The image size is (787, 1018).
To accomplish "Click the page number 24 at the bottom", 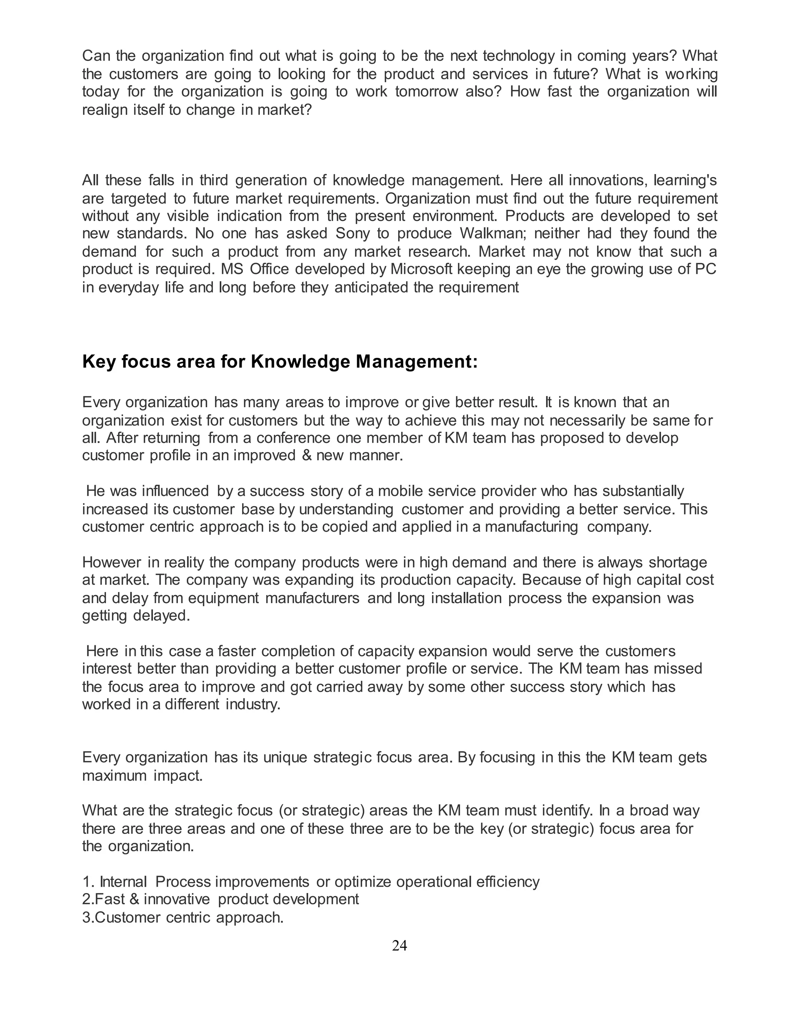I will pos(400,945).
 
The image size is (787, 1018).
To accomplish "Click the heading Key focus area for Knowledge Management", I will pos(280,362).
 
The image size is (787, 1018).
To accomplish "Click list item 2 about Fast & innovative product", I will pos(221,899).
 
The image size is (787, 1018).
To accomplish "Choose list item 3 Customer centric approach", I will pos(183,917).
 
